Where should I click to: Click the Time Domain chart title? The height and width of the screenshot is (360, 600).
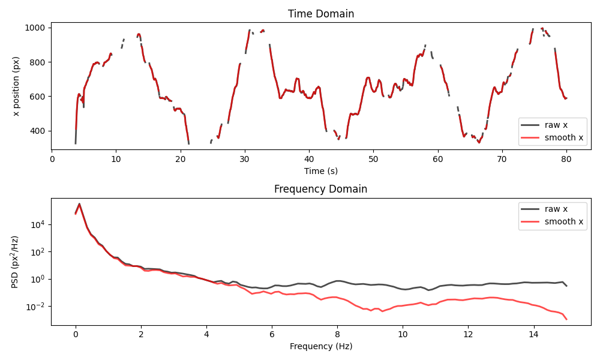tap(320, 14)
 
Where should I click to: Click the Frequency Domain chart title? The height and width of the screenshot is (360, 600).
tap(320, 189)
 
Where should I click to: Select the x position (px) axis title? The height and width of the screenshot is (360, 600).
tap(16, 86)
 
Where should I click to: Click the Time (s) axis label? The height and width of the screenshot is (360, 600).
tap(320, 171)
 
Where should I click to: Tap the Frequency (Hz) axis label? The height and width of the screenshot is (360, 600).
tap(320, 346)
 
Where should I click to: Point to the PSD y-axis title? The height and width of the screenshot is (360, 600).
tap(16, 261)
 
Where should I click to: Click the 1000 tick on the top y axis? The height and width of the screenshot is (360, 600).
tap(37, 28)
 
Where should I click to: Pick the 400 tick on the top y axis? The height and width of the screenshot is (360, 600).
tap(39, 131)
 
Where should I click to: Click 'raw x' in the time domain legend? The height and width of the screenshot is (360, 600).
tap(556, 125)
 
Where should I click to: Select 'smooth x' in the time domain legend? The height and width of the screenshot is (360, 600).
tap(563, 138)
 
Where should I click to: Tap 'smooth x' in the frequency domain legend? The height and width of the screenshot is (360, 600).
tap(563, 221)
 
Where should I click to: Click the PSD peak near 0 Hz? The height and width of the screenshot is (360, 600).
tap(79, 204)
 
